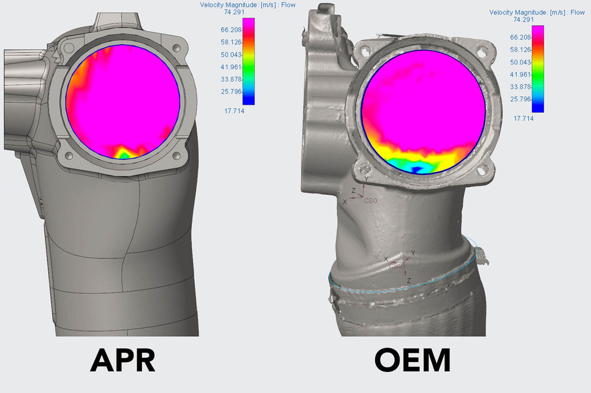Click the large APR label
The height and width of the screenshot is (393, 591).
pyautogui.click(x=123, y=360)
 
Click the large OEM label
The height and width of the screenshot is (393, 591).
pyautogui.click(x=412, y=360)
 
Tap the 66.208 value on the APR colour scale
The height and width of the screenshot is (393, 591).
pyautogui.click(x=231, y=30)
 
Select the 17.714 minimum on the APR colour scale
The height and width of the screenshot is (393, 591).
pyautogui.click(x=234, y=111)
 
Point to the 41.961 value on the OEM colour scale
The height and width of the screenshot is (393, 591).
pyautogui.click(x=520, y=74)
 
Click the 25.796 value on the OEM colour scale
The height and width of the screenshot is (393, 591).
pyautogui.click(x=520, y=99)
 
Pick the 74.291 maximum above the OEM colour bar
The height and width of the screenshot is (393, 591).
pyautogui.click(x=524, y=20)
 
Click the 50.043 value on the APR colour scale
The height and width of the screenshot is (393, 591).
pyautogui.click(x=231, y=55)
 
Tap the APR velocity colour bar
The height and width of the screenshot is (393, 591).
pyautogui.click(x=249, y=61)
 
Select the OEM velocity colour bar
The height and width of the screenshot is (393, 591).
pyautogui.click(x=538, y=69)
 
